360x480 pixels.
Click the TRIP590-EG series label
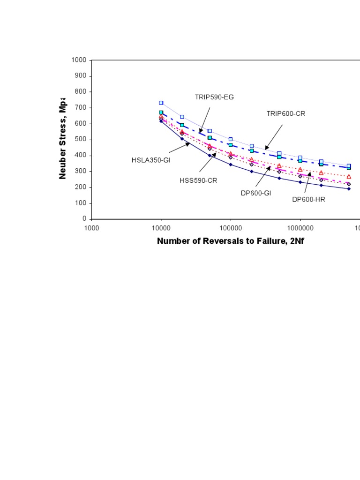(214, 97)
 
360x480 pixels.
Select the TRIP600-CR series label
(286, 113)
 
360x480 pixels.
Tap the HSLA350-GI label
(150, 160)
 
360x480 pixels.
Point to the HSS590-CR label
(198, 180)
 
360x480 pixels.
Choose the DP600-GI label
(256, 193)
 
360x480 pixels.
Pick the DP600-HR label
(308, 199)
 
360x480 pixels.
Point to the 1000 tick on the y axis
(79, 60)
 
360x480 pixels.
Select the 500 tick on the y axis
(81, 140)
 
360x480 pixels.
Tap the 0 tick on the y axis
(84, 219)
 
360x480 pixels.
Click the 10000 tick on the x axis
(161, 228)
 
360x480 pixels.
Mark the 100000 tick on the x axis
(230, 228)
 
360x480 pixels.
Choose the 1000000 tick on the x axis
(300, 228)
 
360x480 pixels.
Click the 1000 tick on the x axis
(91, 228)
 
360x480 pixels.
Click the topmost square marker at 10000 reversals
(161, 103)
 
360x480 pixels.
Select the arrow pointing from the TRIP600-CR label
(274, 137)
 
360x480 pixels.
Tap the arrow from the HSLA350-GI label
(179, 148)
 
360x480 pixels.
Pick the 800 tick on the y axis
(81, 92)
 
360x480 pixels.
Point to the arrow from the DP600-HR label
(307, 182)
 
